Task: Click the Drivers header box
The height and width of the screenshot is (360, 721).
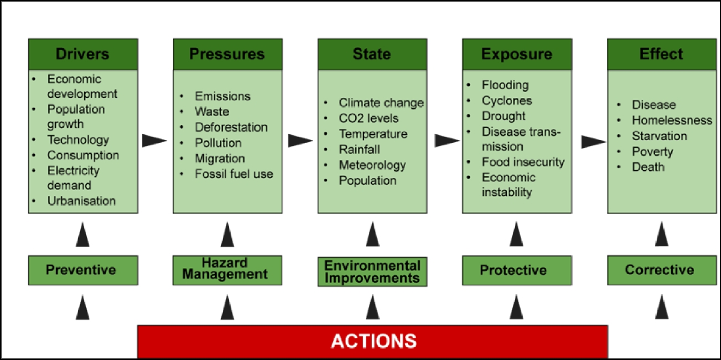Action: (83, 54)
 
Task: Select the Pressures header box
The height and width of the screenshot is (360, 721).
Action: (227, 54)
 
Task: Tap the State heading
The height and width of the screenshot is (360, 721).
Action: (372, 54)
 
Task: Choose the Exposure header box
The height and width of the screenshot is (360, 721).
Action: (516, 54)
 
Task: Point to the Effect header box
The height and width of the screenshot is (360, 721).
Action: (661, 54)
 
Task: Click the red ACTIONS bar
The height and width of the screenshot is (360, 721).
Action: (373, 341)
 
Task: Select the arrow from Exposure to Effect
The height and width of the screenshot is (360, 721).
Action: (594, 142)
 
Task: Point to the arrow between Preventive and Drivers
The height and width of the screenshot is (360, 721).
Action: (83, 234)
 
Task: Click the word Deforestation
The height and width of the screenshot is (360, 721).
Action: (231, 127)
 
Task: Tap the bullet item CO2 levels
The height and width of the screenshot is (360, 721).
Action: (368, 118)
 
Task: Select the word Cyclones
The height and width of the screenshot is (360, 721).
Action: (507, 100)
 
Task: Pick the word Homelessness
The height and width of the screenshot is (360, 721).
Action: (672, 120)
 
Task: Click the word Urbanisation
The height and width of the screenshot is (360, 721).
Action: (82, 201)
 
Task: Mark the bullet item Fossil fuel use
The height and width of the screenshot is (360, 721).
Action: (234, 174)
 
